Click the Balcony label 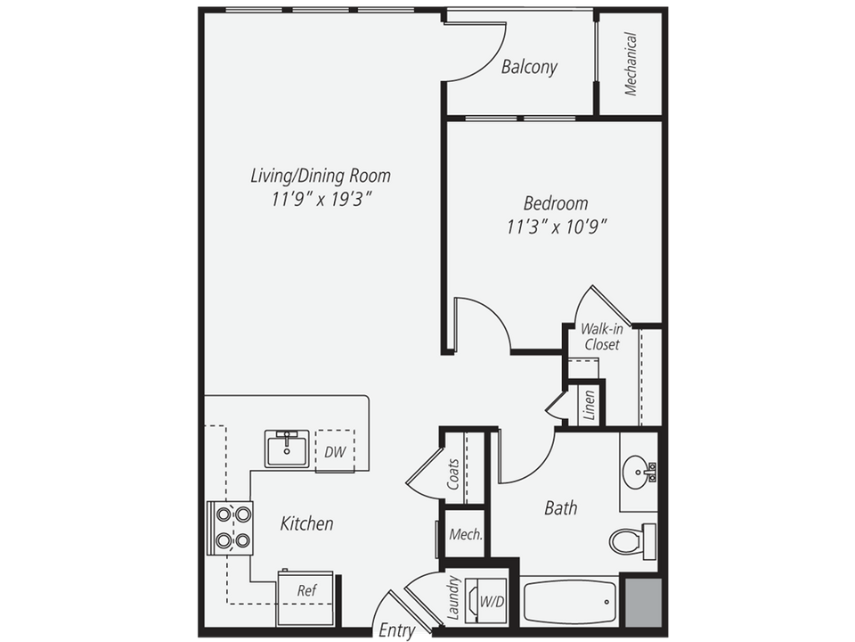click(x=529, y=67)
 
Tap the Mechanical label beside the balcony click(x=631, y=64)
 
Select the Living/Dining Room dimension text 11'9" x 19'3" click(x=320, y=200)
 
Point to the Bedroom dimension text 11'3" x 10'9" click(x=557, y=226)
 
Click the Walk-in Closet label click(x=602, y=336)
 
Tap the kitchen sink click(x=287, y=447)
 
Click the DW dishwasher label click(x=335, y=452)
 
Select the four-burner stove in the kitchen click(x=230, y=528)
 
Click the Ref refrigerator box click(x=305, y=590)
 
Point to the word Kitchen click(x=306, y=523)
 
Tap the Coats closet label click(x=453, y=474)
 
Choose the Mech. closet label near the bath click(x=465, y=535)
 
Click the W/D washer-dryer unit click(x=491, y=601)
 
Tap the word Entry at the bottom click(x=396, y=630)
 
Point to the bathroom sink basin click(x=637, y=469)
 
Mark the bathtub click(x=569, y=603)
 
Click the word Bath click(x=560, y=508)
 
